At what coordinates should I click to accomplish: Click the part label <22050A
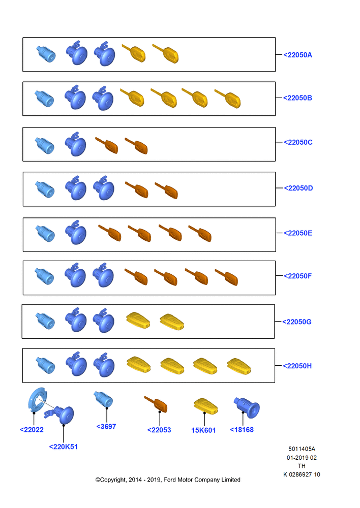point(298,55)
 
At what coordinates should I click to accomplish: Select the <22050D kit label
point(298,188)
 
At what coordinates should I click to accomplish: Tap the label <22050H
point(297,366)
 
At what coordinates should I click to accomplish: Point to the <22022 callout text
point(32,430)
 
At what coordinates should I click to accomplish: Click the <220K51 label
point(63,447)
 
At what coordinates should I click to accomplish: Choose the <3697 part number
point(106,427)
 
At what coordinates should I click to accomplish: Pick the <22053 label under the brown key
point(159,430)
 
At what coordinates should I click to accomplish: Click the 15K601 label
point(203,430)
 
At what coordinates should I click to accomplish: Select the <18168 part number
point(242,430)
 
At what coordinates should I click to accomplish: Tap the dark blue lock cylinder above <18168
point(247,407)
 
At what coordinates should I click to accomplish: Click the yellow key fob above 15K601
point(205,406)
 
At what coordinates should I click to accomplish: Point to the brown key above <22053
point(156,404)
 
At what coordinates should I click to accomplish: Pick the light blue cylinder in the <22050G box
point(45,321)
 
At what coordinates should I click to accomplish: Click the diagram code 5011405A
point(302,449)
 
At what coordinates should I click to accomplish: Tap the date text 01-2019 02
point(302,458)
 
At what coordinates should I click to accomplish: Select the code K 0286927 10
point(302,474)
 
